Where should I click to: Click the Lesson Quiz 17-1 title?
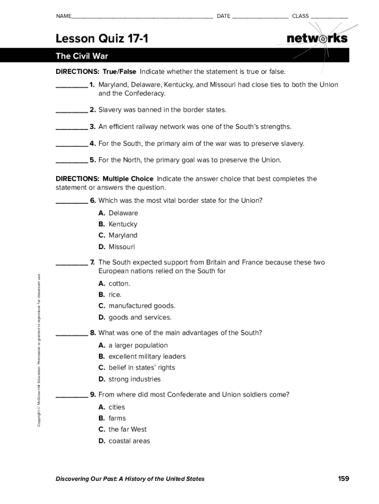click(102, 38)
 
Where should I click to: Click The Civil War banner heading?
click(82, 56)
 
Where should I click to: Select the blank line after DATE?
click(260, 17)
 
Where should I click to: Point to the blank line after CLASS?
click(329, 17)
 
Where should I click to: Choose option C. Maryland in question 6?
click(118, 235)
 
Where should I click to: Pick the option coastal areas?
click(124, 441)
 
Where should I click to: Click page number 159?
click(343, 478)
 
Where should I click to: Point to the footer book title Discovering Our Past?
click(130, 479)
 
